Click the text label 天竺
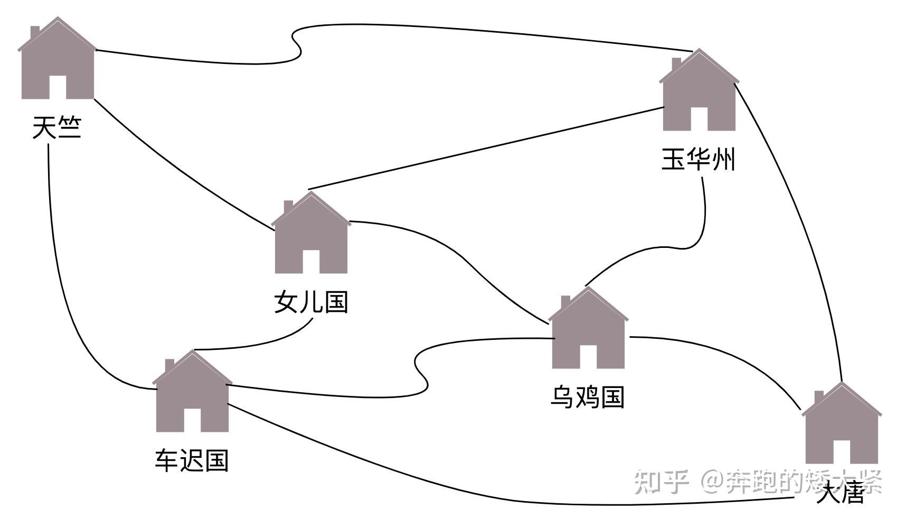coord(57,127)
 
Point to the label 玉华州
coord(698,159)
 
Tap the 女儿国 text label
coord(311,302)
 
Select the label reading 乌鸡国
coord(587,397)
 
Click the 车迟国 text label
coord(192,460)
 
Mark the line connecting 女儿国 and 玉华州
coord(486,147)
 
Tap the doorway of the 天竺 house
coord(58,87)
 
